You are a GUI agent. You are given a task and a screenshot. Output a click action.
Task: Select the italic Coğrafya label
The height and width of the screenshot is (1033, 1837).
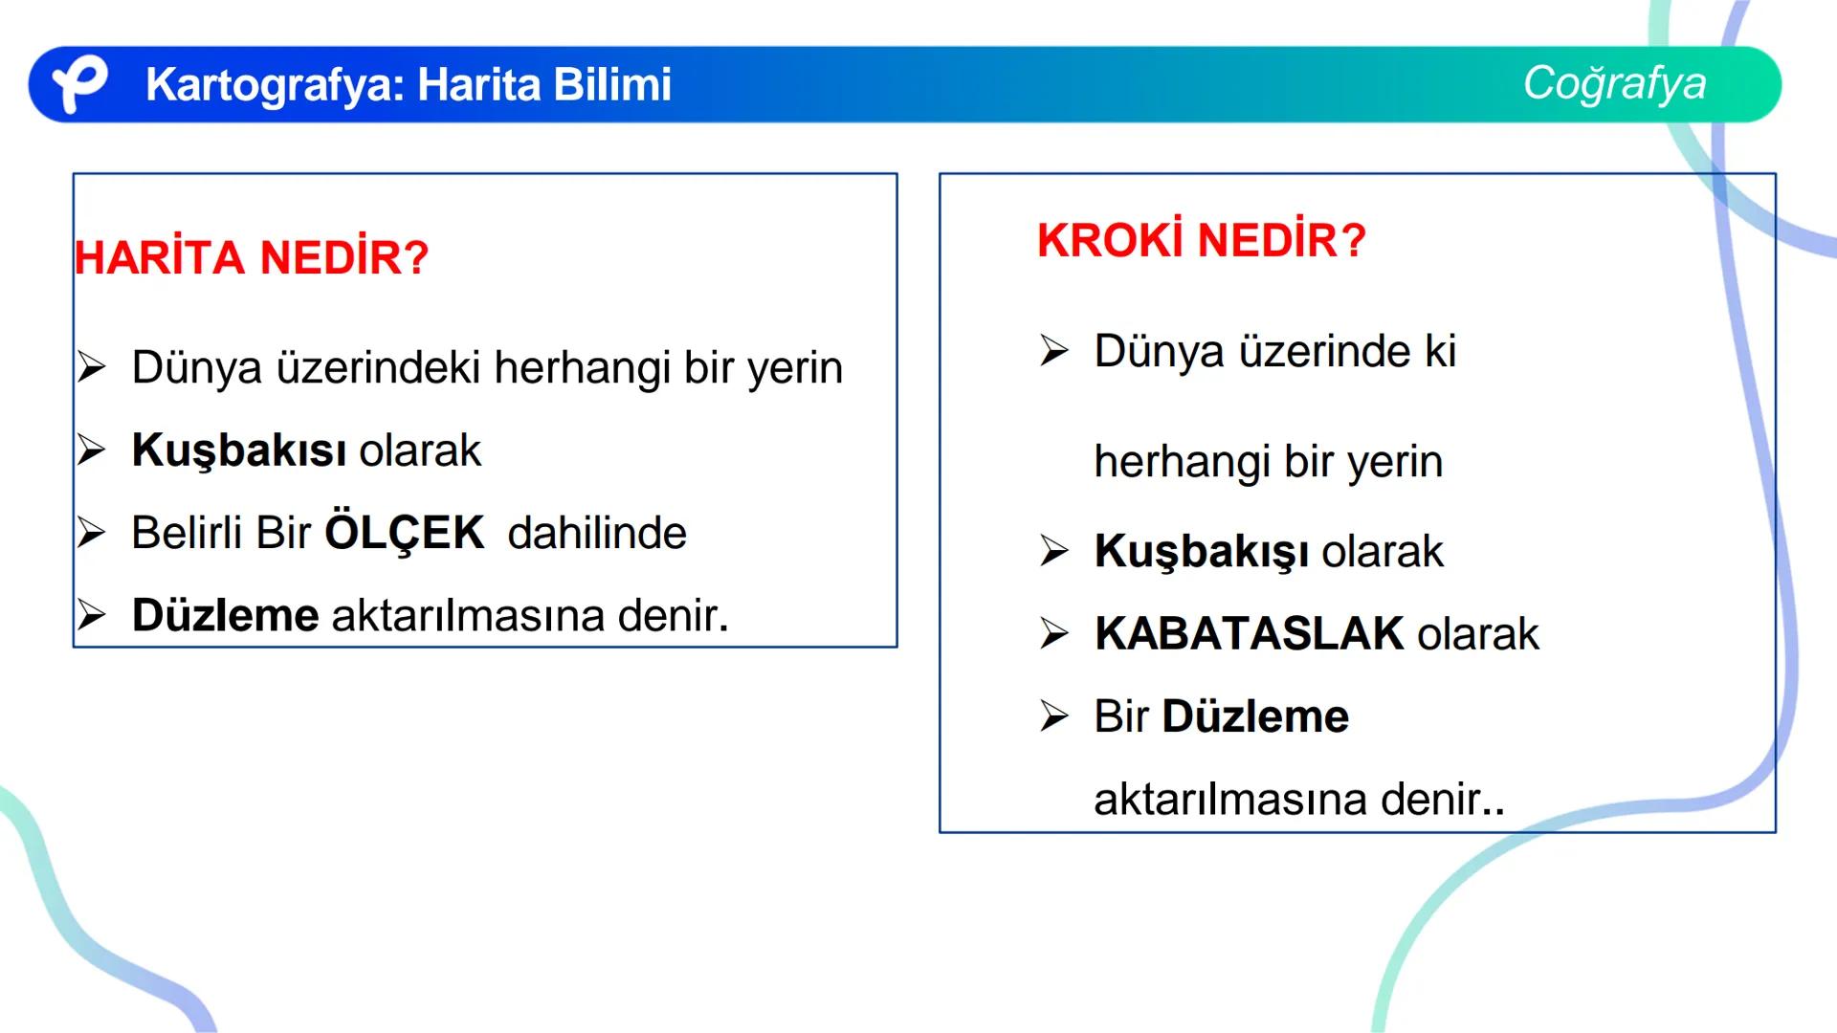coord(1614,83)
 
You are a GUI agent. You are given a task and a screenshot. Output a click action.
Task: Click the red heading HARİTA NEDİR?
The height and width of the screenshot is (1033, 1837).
coord(252,257)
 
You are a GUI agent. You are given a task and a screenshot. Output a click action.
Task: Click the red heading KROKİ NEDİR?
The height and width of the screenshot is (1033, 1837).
coord(1201,240)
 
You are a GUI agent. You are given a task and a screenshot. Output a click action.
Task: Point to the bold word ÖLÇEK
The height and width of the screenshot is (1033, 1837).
coord(405,533)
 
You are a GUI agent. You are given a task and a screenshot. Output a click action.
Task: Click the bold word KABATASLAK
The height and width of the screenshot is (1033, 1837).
coord(1249,633)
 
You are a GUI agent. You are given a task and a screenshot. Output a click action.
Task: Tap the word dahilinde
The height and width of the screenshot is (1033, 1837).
coord(596,533)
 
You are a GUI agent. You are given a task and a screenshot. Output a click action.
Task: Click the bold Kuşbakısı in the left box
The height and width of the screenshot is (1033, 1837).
coord(239,451)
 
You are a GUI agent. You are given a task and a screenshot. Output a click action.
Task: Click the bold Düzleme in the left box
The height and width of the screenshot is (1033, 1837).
coord(225,615)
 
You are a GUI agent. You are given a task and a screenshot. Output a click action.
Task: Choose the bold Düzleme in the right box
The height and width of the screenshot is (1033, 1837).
coord(1254,716)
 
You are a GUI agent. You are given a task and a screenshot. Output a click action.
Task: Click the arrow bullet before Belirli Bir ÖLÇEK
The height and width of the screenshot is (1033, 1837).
coord(92,532)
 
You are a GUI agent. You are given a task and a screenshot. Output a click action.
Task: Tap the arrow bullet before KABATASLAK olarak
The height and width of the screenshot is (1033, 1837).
coord(1054,632)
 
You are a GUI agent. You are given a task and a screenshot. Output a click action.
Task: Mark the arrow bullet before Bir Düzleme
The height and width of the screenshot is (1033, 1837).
coord(1054,715)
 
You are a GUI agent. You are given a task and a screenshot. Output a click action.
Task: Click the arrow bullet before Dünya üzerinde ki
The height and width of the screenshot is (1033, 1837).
coord(1054,350)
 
